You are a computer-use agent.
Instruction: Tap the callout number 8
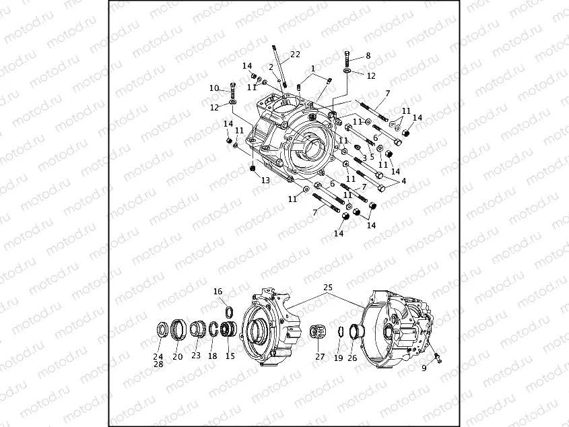[x=368, y=56]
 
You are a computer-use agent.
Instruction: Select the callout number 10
[x=214, y=88]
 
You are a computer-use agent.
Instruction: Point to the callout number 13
[x=265, y=180]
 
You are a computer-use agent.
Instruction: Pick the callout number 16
[x=217, y=292]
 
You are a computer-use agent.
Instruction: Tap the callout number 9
[x=424, y=368]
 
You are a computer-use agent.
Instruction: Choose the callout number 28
[x=158, y=364]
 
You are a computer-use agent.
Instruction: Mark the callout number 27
[x=320, y=356]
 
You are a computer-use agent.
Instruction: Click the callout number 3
[x=364, y=158]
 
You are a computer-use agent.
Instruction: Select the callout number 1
[x=313, y=69]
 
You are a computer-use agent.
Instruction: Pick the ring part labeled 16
[x=228, y=310]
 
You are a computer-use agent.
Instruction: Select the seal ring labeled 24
[x=162, y=329]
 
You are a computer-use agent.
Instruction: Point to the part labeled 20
[x=178, y=329]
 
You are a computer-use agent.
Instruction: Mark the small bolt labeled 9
[x=436, y=356]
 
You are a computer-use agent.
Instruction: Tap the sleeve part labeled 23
[x=197, y=329]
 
